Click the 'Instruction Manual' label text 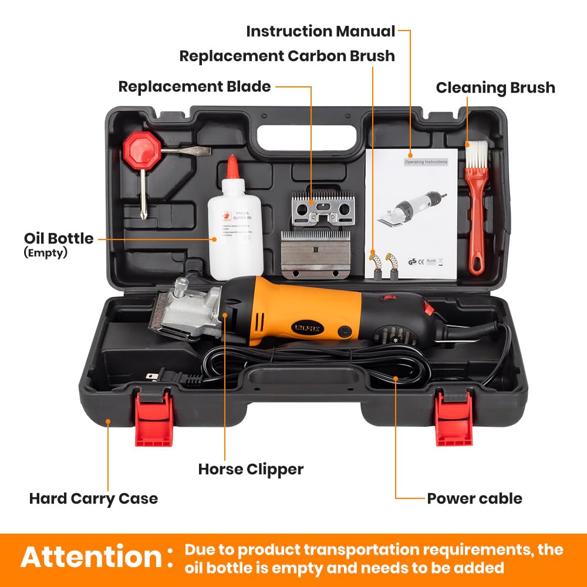click(321, 31)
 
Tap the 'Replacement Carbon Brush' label click(286, 56)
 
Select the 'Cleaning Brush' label click(495, 87)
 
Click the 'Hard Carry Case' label click(93, 498)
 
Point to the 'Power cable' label click(474, 498)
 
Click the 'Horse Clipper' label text click(251, 469)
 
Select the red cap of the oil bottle click(233, 167)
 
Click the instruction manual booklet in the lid click(411, 217)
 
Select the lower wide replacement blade click(316, 254)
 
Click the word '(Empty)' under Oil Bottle click(46, 253)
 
